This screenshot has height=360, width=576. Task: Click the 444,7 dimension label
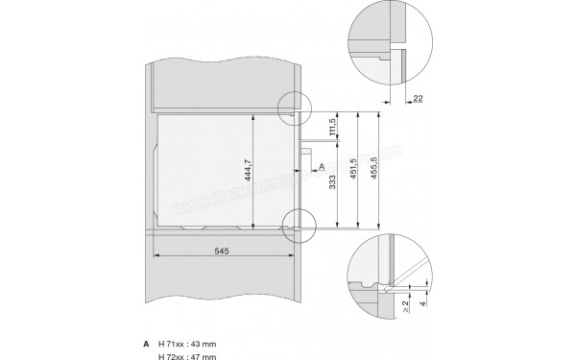click(248, 171)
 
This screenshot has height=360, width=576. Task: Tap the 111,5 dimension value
click(332, 128)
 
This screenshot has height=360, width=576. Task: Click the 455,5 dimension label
click(381, 170)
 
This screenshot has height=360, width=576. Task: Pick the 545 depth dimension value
click(221, 249)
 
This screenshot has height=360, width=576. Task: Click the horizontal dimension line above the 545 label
click(221, 257)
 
